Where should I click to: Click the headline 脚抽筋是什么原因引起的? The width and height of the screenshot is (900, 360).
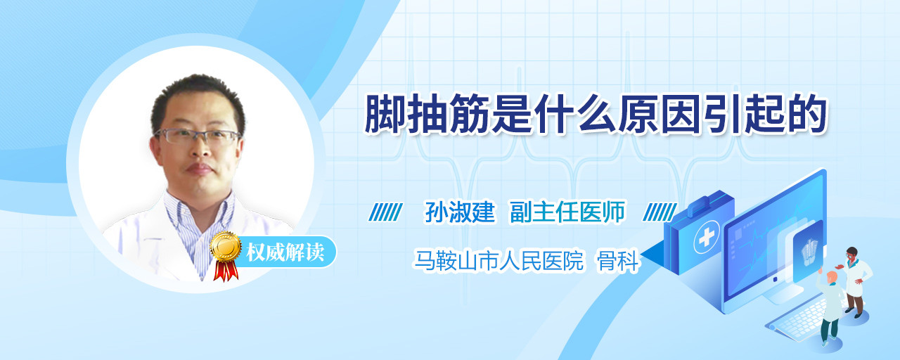(596, 115)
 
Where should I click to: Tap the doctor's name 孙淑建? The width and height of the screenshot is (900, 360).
(460, 212)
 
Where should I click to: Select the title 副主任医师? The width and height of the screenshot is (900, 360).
(567, 212)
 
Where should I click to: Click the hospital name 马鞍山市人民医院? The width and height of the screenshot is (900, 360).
(499, 261)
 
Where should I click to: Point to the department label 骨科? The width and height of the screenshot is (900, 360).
(618, 261)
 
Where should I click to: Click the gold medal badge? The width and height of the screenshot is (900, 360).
(226, 246)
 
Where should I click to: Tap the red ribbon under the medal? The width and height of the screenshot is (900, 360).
(226, 270)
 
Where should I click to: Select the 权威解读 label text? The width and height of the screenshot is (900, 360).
(285, 252)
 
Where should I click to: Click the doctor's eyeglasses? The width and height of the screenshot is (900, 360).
(198, 136)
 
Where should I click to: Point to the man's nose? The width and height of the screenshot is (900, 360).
(200, 150)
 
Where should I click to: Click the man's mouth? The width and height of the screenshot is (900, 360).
(199, 169)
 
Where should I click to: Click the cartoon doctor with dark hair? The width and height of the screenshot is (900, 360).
(856, 282)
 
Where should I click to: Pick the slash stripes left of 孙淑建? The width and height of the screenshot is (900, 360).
(386, 212)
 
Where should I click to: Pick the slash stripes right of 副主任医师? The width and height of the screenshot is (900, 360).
(660, 212)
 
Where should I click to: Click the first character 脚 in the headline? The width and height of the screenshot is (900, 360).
(385, 115)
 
